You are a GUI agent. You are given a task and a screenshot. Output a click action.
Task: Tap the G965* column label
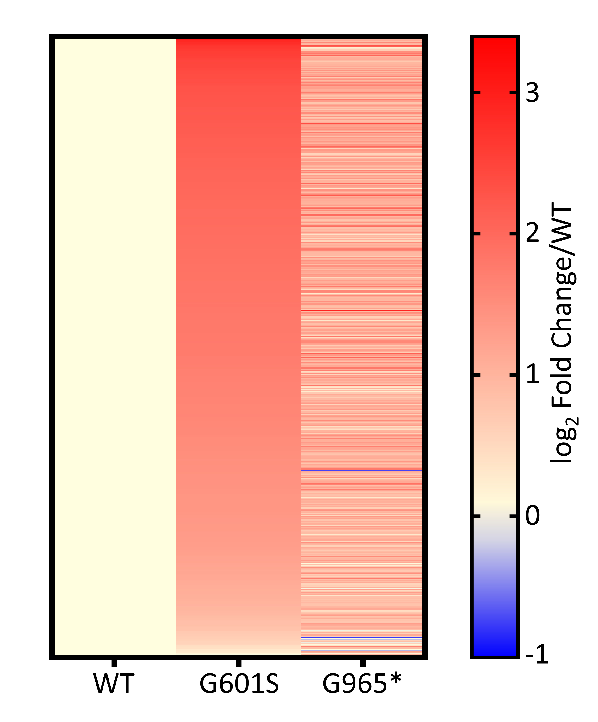point(362,684)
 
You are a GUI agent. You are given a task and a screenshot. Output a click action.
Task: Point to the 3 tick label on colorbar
point(532,93)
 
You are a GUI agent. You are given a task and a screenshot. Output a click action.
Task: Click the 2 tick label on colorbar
point(532,234)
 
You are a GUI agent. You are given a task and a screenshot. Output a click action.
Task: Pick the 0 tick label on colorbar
point(532,516)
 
